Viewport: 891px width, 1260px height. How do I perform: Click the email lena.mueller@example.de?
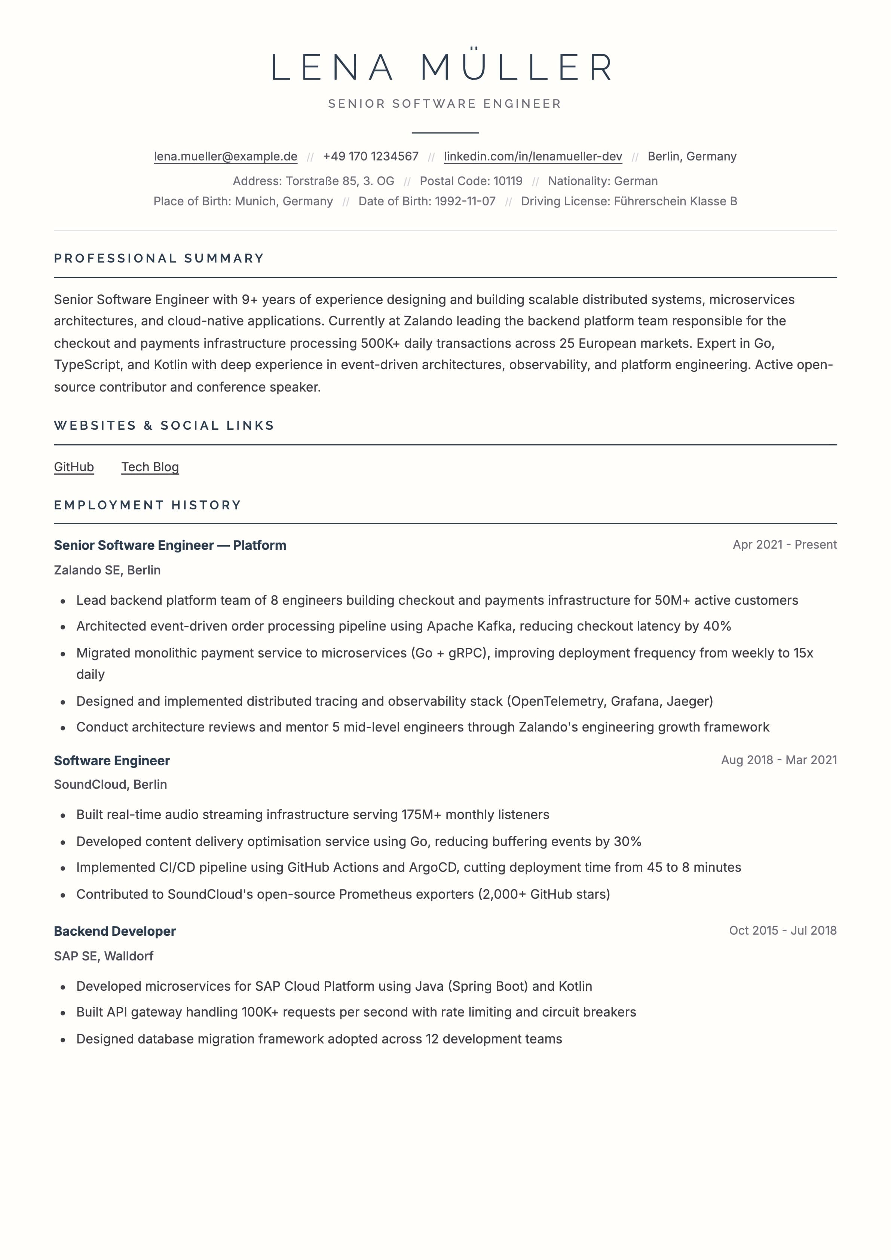(225, 156)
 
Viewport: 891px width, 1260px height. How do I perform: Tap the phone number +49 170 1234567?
(371, 156)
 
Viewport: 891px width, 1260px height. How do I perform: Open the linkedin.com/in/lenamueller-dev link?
(533, 156)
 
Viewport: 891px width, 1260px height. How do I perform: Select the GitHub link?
(74, 467)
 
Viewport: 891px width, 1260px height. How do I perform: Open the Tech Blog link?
(150, 467)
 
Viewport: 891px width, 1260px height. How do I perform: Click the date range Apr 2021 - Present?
(784, 545)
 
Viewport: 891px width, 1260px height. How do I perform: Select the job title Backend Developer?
(115, 931)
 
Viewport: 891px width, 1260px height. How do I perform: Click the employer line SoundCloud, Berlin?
(110, 784)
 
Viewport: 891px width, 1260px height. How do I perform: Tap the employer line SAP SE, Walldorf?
(104, 956)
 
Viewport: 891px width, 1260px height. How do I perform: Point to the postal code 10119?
(508, 181)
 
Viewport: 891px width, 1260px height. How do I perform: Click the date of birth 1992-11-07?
(465, 202)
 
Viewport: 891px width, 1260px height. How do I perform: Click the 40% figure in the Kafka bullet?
(717, 626)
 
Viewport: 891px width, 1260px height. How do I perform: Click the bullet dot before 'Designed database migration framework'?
(63, 1039)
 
